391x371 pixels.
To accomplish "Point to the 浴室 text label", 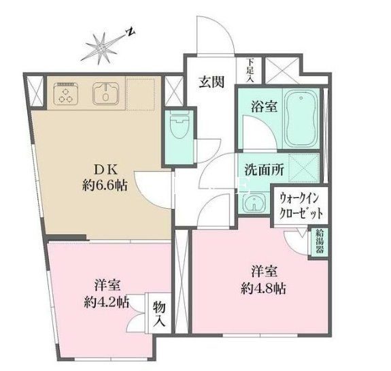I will pos(250,107).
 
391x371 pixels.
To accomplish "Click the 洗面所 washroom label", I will pos(256,170).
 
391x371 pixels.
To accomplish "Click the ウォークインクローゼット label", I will pos(301,204).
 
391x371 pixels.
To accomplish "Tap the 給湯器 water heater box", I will pos(318,242).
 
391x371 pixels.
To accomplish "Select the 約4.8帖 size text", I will pos(262,288).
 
